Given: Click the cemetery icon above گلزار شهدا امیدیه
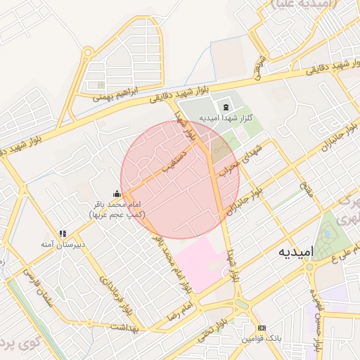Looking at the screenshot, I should [x=225, y=107].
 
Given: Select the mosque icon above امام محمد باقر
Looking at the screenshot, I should [x=117, y=193].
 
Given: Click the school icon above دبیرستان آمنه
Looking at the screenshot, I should [x=63, y=233].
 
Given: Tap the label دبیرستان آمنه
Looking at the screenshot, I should [x=62, y=245].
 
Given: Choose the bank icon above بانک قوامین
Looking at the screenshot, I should [x=262, y=328].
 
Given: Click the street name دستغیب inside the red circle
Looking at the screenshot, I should [x=174, y=160].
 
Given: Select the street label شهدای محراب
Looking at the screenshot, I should [x=241, y=157].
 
